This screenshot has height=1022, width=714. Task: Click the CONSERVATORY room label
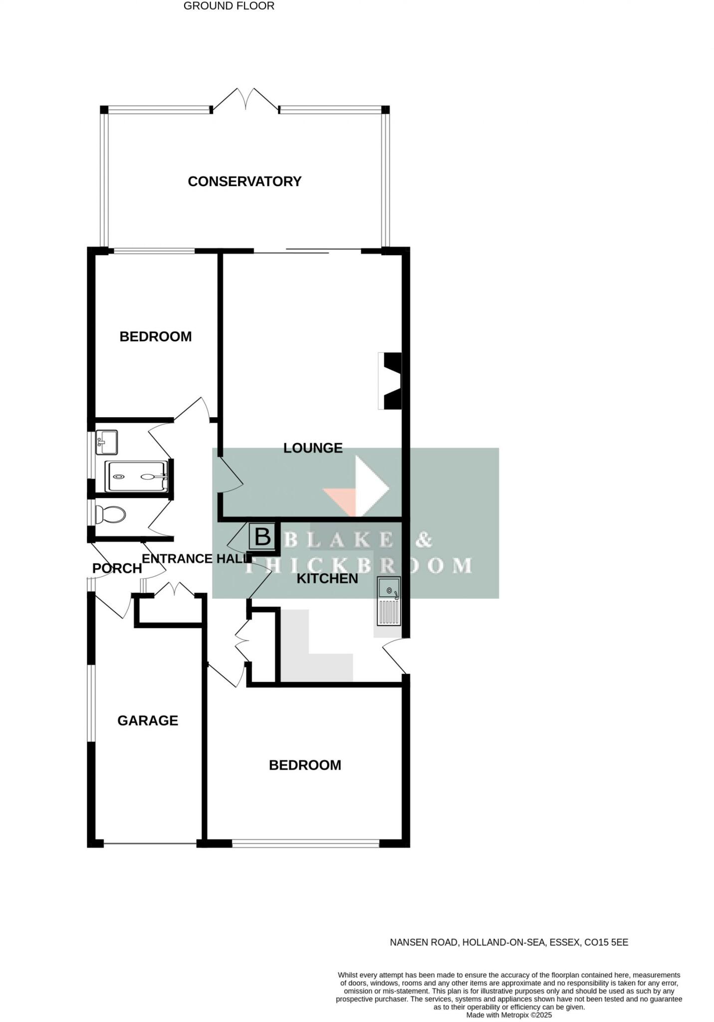click(244, 181)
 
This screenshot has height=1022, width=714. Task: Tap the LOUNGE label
click(313, 448)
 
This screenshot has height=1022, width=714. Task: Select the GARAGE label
click(148, 720)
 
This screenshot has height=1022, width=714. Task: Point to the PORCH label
click(117, 568)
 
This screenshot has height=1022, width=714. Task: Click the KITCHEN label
click(327, 578)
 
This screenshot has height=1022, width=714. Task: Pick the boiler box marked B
click(262, 537)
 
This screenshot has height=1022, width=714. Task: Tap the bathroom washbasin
click(106, 442)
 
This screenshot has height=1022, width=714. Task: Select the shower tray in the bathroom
click(136, 477)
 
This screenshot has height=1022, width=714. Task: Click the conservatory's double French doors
click(245, 99)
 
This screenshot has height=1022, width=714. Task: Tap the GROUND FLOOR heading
click(229, 6)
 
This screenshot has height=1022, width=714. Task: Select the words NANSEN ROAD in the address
click(424, 942)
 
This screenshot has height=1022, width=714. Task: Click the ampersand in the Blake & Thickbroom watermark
click(423, 539)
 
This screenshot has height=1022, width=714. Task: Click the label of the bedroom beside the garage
click(305, 765)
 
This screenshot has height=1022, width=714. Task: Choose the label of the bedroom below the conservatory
click(156, 336)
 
